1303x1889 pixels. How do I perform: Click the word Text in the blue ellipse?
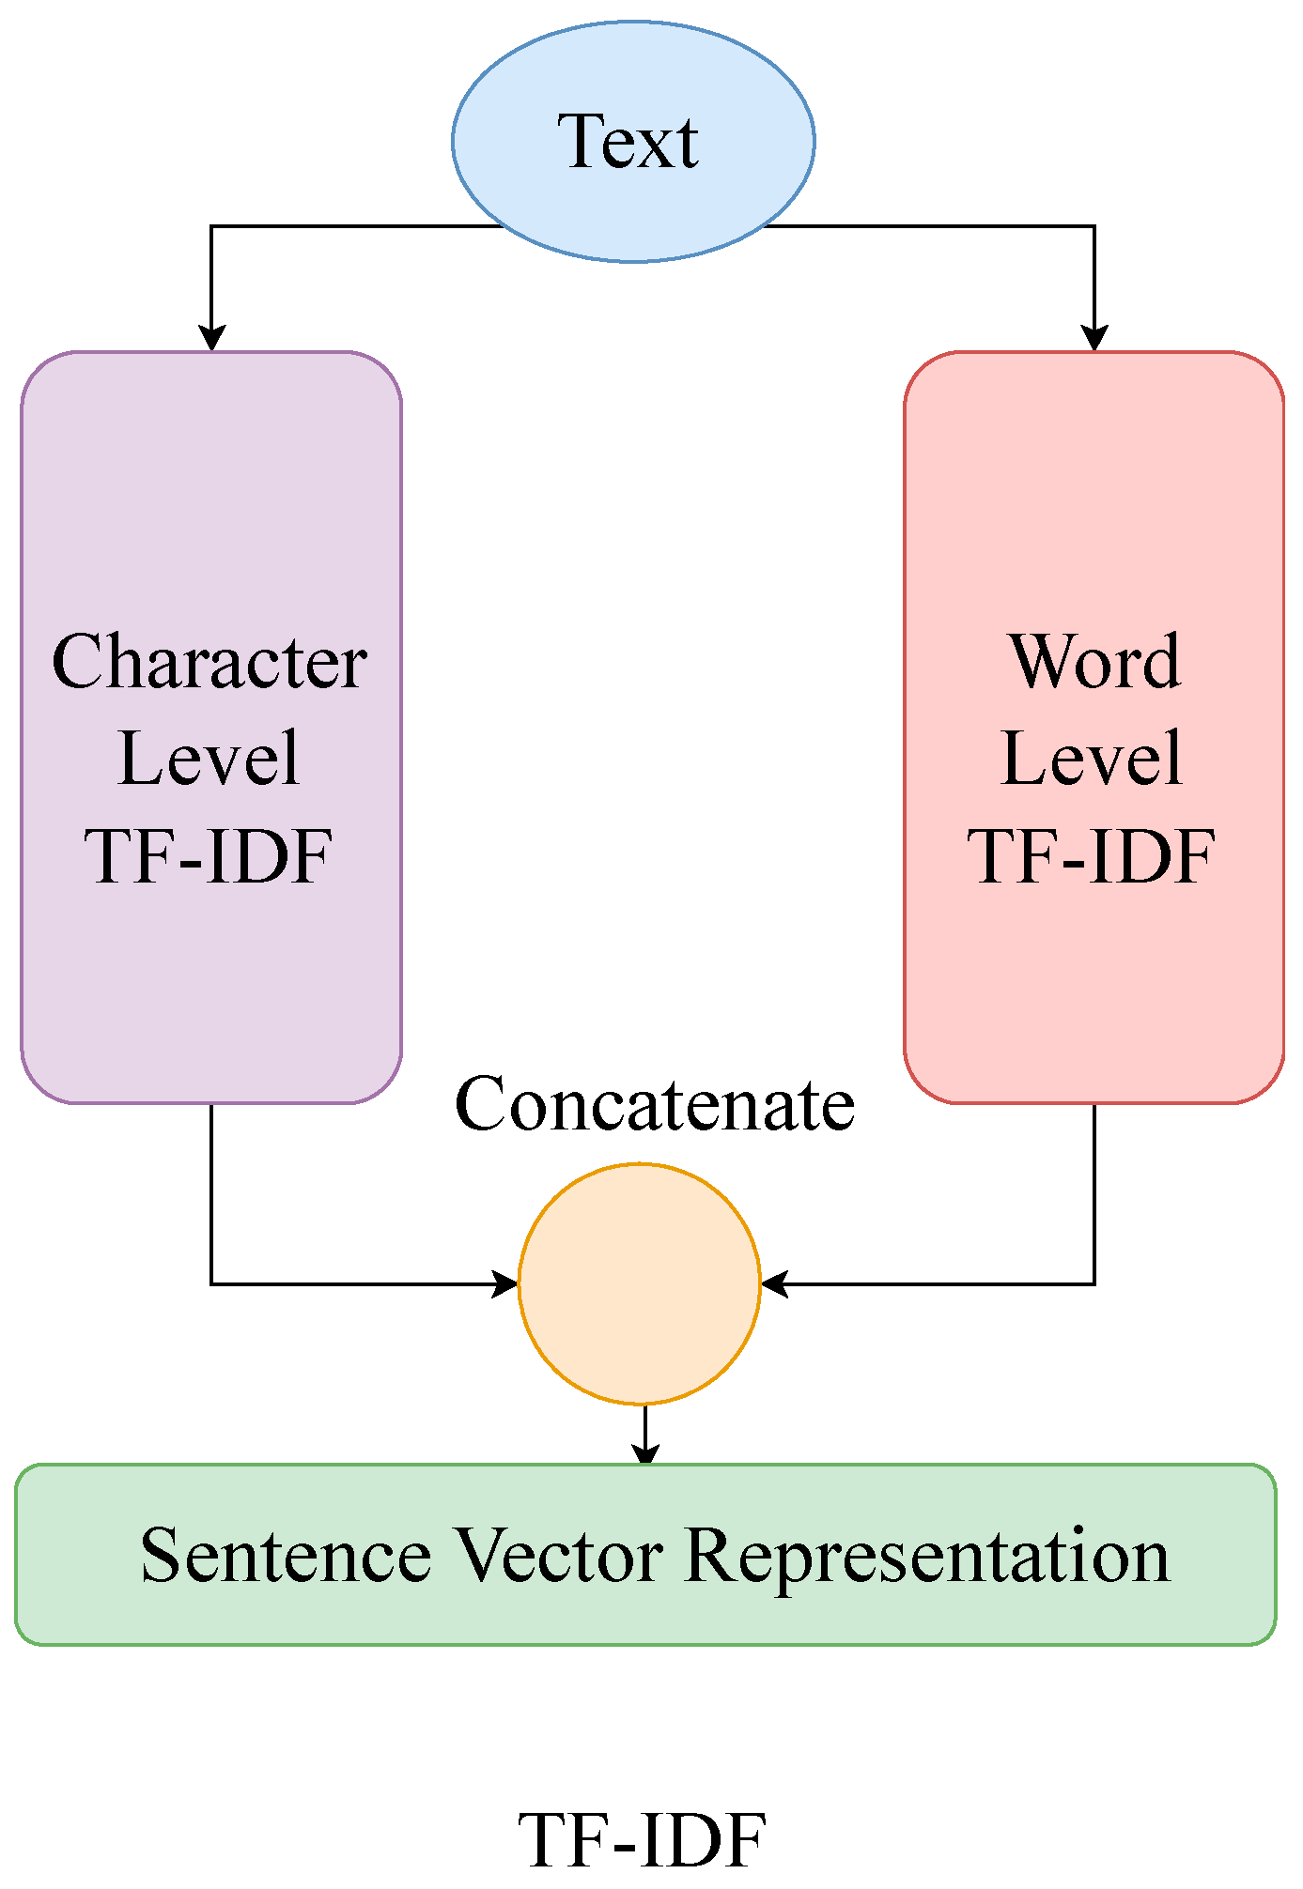point(628,142)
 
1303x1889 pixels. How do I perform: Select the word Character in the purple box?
point(209,662)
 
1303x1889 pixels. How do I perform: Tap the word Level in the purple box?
point(209,759)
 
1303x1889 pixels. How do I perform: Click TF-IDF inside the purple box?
point(209,856)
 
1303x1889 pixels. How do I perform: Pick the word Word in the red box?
point(1094,662)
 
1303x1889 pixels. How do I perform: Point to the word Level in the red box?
point(1092,759)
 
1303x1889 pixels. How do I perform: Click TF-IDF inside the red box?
point(1092,856)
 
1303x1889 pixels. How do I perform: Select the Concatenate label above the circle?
point(655,1104)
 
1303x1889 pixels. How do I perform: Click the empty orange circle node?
point(639,1283)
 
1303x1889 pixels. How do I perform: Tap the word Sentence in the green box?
point(286,1557)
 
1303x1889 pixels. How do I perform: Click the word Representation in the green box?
point(928,1557)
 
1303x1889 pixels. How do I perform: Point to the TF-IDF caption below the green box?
point(643,1841)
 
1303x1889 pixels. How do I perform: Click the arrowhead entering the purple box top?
point(211,338)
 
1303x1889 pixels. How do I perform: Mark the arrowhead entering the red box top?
point(1094,338)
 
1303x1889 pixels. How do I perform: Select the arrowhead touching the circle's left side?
point(505,1283)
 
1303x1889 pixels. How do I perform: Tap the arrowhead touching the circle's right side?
point(774,1283)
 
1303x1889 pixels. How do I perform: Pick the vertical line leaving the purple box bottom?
point(211,1192)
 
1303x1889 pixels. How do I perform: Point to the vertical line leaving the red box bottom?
point(1094,1192)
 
